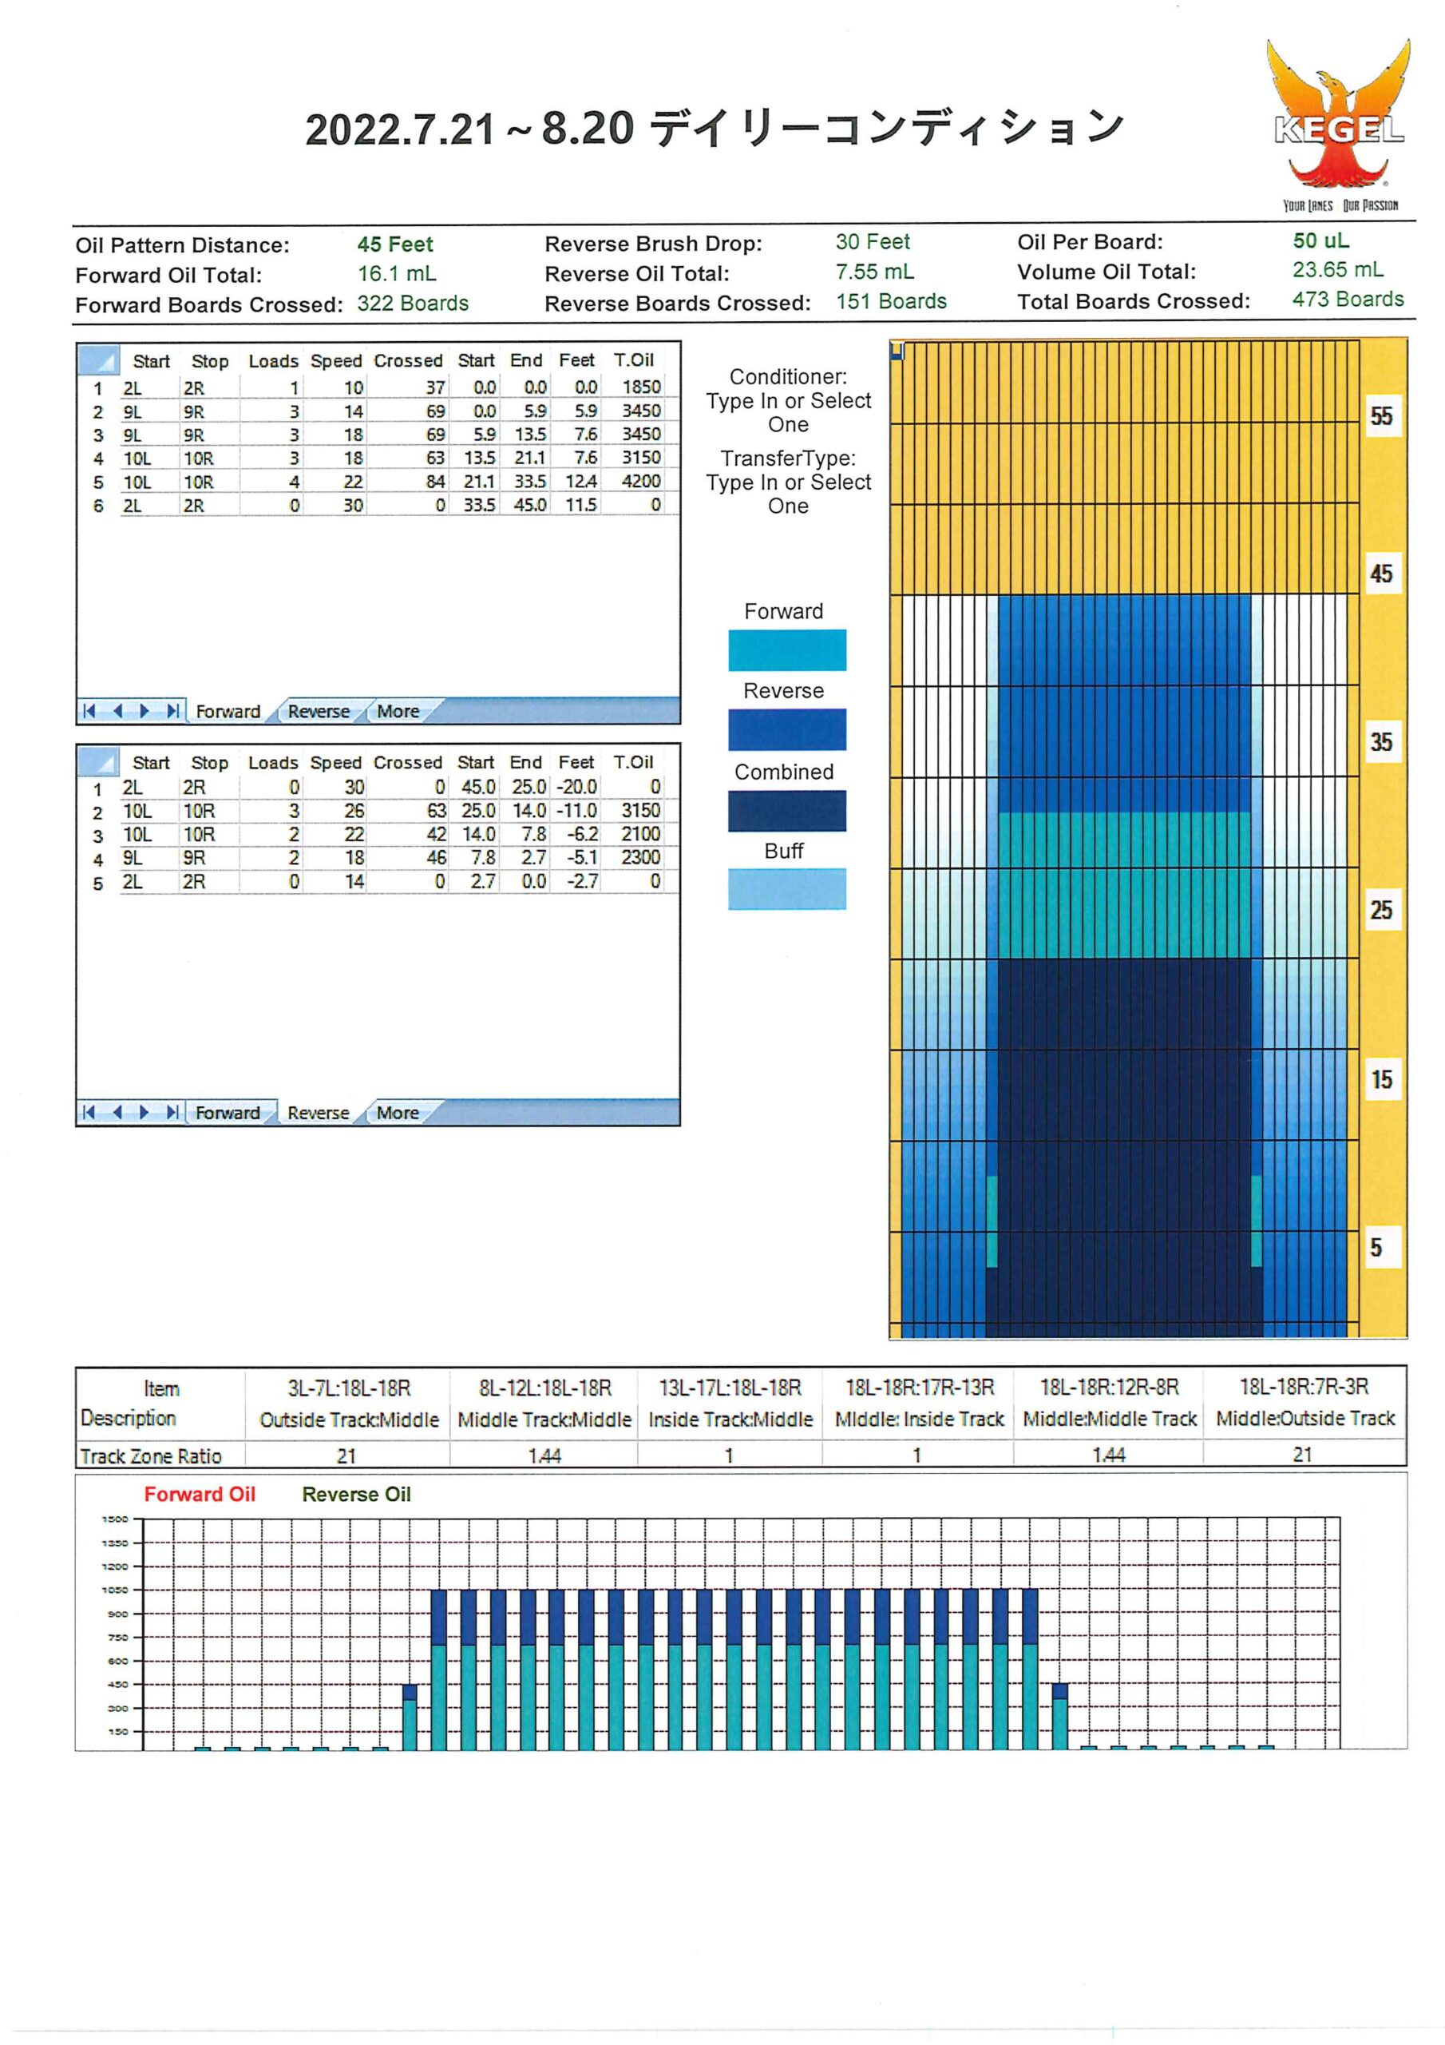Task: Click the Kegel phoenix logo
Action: pyautogui.click(x=1339, y=125)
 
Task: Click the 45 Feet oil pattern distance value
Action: pyautogui.click(x=394, y=244)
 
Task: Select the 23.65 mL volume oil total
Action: pyautogui.click(x=1337, y=270)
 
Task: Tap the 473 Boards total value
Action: pyautogui.click(x=1348, y=300)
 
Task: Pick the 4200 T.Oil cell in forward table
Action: pyautogui.click(x=641, y=481)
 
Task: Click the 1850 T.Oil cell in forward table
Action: pyautogui.click(x=641, y=387)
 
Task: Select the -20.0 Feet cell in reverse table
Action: pyautogui.click(x=577, y=787)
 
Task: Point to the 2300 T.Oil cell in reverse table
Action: pyautogui.click(x=641, y=857)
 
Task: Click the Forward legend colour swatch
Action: pyautogui.click(x=787, y=650)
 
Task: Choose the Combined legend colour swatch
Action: pyautogui.click(x=787, y=811)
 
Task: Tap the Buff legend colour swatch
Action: pyautogui.click(x=787, y=889)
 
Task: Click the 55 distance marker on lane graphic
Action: pyautogui.click(x=1381, y=416)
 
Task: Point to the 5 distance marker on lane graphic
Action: pyautogui.click(x=1376, y=1247)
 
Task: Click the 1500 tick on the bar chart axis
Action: pyautogui.click(x=115, y=1519)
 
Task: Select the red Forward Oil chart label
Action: pyautogui.click(x=200, y=1494)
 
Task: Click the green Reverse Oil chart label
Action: pyautogui.click(x=356, y=1494)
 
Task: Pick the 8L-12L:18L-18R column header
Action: pyautogui.click(x=545, y=1388)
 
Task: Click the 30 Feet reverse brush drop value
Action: pyautogui.click(x=873, y=241)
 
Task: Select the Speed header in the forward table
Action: pyautogui.click(x=335, y=361)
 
